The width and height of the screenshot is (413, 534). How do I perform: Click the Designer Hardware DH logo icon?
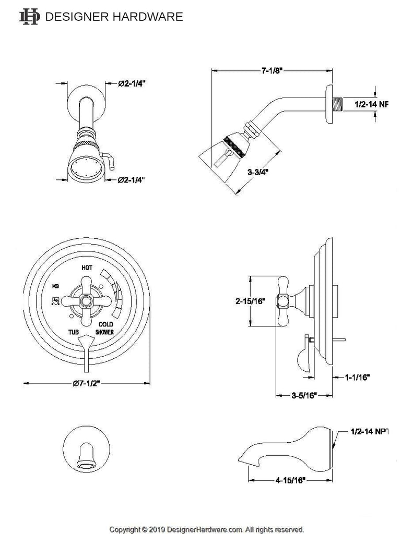(29, 17)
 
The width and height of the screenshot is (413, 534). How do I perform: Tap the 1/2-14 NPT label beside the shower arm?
(371, 104)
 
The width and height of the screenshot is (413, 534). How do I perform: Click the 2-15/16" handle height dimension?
(251, 301)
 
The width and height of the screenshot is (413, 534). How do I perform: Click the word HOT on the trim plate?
(88, 268)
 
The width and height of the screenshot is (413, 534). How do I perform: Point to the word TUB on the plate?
(73, 332)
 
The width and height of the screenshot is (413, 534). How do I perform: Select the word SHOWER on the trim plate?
(104, 332)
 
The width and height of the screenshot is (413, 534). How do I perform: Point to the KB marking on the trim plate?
(55, 286)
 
